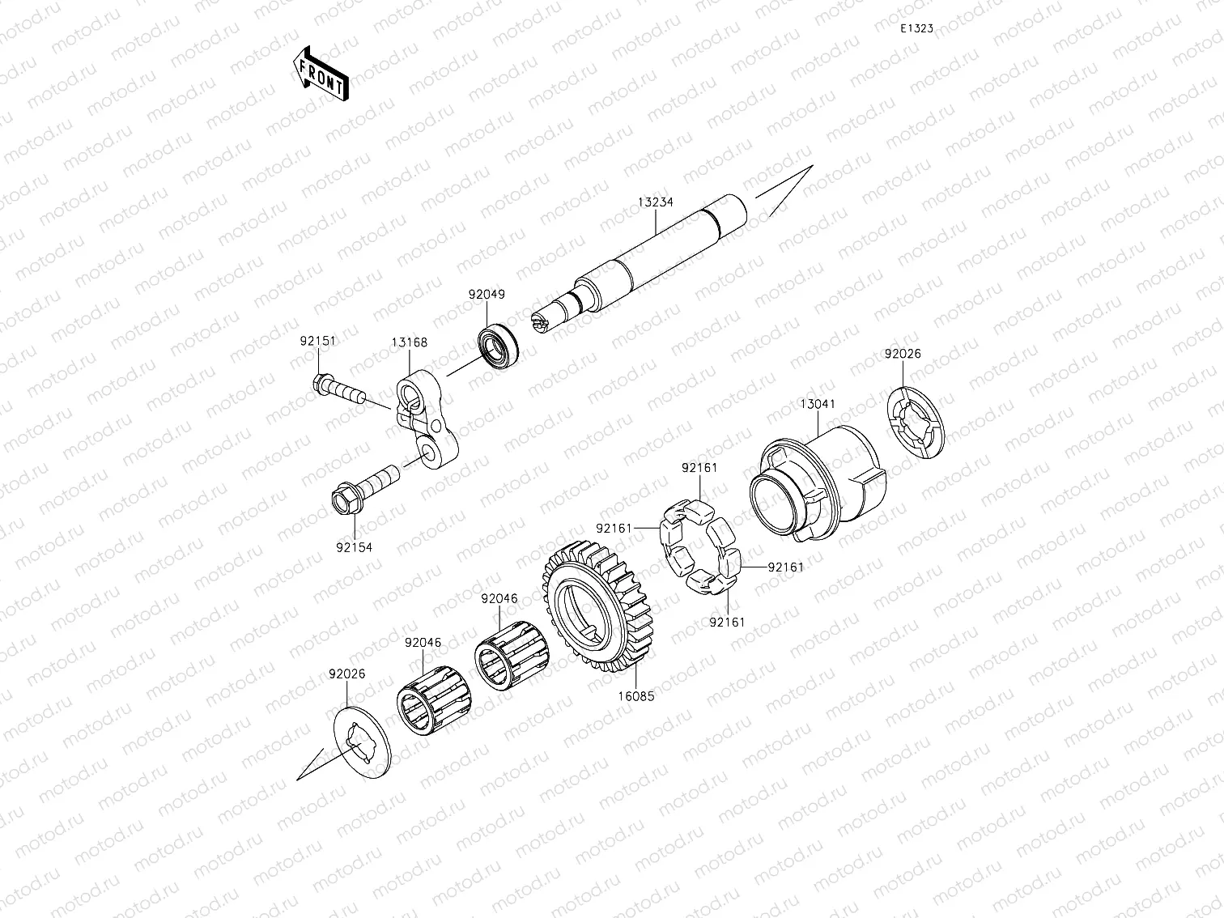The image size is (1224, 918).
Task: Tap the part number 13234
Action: [x=655, y=202]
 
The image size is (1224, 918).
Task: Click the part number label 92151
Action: [x=317, y=341]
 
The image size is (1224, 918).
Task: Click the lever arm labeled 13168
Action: [x=426, y=421]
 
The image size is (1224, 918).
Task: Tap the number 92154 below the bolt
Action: [x=354, y=547]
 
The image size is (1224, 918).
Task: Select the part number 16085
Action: [x=636, y=695]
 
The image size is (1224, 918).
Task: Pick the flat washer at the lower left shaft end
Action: [x=363, y=737]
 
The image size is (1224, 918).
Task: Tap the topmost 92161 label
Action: [x=699, y=468]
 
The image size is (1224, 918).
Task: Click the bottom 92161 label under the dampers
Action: [x=727, y=622]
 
